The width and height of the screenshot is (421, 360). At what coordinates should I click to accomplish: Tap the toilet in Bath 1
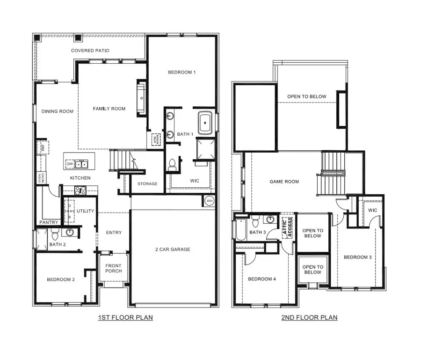point(172,164)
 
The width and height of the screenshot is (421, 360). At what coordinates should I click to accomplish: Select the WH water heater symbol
point(209,201)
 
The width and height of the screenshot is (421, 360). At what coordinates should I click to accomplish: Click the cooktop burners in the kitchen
point(80,191)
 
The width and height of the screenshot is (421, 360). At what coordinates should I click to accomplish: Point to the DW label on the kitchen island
point(70,164)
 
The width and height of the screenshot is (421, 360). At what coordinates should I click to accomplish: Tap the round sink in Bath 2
point(70,232)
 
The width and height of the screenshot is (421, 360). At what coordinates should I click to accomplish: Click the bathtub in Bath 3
point(240,229)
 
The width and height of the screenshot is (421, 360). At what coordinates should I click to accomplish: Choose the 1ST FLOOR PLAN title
point(125,317)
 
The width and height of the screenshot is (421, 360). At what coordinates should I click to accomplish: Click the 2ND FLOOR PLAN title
point(310,317)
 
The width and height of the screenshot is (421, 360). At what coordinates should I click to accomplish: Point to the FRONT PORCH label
point(113,268)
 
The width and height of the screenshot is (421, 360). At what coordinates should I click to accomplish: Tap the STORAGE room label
point(147,184)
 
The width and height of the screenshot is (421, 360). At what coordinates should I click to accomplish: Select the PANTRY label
point(49,222)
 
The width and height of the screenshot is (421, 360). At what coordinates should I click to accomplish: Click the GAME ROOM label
point(284,182)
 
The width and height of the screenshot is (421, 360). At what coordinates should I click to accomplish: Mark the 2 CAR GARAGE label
point(173,250)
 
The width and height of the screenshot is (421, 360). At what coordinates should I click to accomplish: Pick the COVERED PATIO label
point(90,51)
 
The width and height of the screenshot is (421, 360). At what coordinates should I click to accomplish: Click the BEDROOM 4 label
point(262,279)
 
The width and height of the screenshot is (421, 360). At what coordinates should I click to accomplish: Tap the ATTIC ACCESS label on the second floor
point(287,228)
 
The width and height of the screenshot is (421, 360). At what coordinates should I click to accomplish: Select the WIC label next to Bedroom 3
point(372,210)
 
